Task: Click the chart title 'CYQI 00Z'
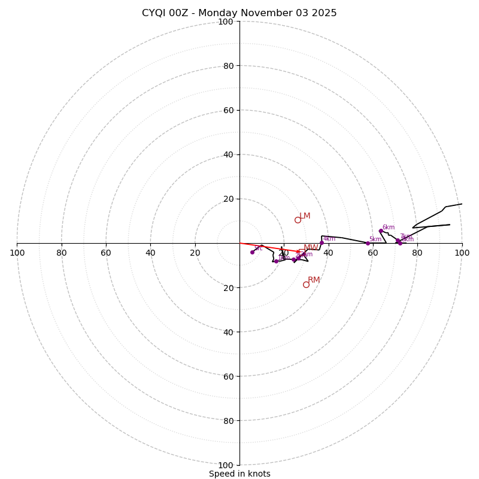point(239,13)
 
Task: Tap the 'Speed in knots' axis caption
point(239,474)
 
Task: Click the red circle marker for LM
point(298,220)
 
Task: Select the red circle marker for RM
point(306,284)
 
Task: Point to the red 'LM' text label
point(305,216)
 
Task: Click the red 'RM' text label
point(314,280)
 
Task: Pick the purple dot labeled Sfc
point(252,252)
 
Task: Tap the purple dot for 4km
point(322,242)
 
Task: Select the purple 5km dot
point(368,243)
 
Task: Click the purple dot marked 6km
point(381,231)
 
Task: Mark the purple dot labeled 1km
point(276,261)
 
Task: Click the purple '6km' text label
point(389,227)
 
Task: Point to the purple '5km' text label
point(375,239)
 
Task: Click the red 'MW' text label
point(310,247)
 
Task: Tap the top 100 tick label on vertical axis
point(226,22)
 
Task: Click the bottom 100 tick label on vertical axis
point(226,465)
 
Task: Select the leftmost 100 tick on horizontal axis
point(17,253)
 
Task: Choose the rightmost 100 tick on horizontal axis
point(462,253)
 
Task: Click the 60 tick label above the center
point(228,110)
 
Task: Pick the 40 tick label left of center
point(150,253)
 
